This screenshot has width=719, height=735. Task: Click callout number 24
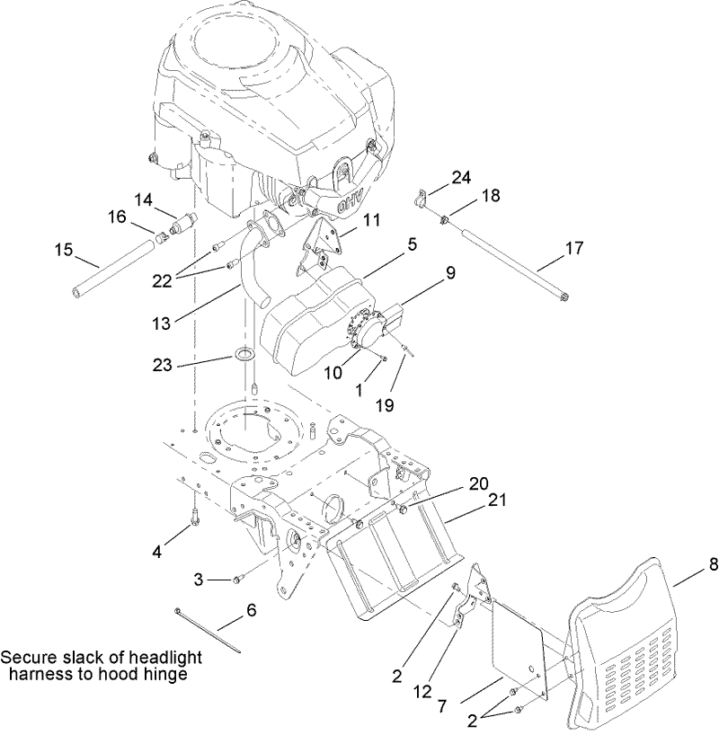point(461,178)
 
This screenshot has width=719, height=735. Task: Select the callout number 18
point(490,196)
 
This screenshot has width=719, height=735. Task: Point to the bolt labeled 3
point(238,580)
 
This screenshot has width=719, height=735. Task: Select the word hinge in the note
point(169,674)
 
